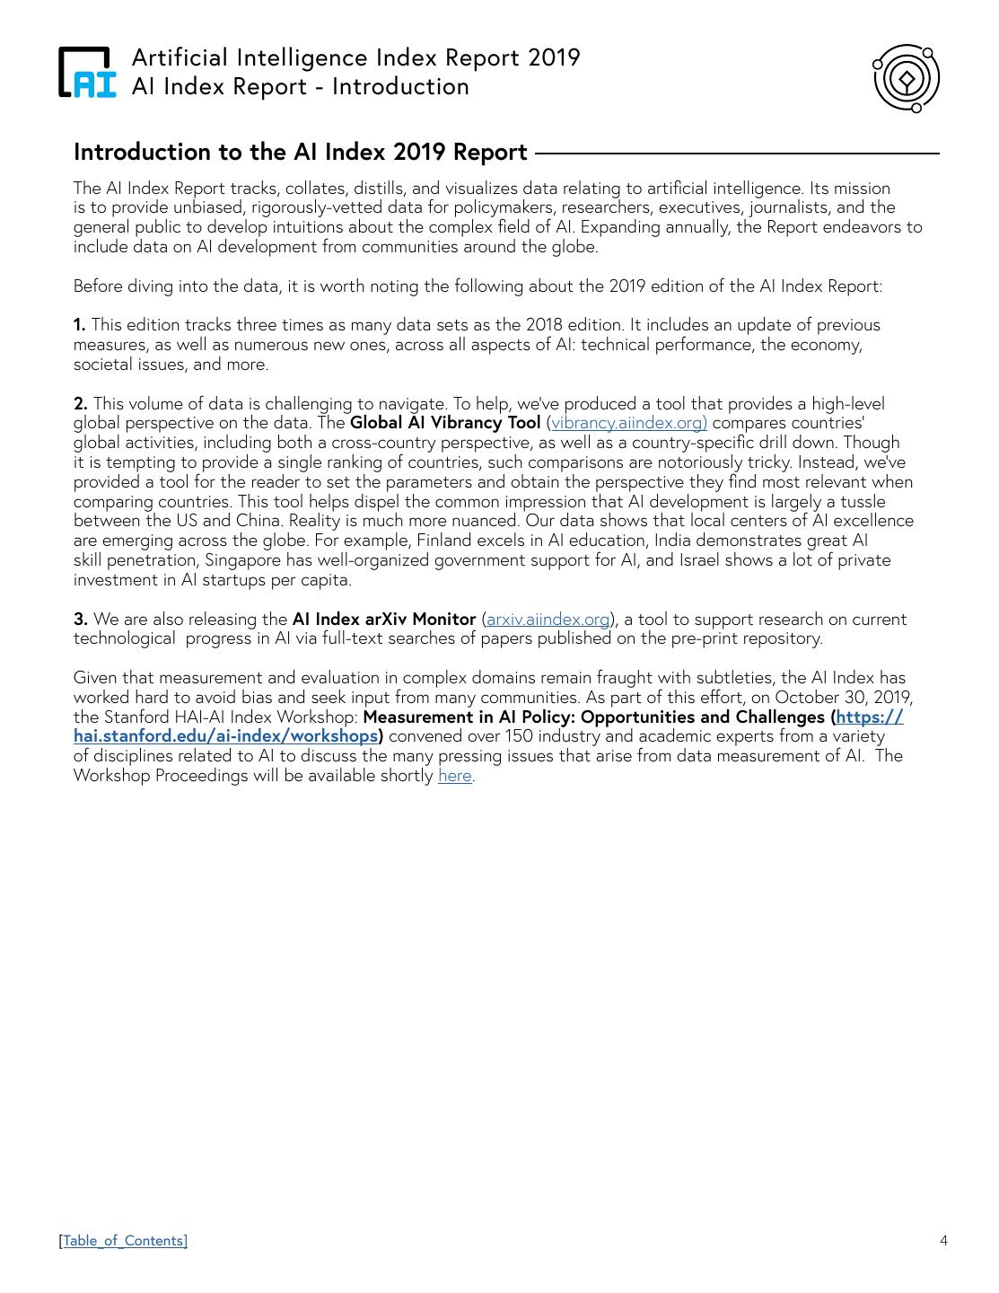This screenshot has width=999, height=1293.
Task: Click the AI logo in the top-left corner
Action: (x=88, y=72)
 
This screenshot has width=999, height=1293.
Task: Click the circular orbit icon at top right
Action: (x=906, y=79)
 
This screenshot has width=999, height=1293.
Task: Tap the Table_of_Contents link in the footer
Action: (x=124, y=1241)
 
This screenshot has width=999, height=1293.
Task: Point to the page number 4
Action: (x=943, y=1241)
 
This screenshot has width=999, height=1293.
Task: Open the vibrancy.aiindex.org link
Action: (x=629, y=423)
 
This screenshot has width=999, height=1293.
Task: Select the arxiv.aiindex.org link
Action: (x=548, y=620)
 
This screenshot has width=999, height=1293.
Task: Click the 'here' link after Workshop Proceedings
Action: (x=454, y=776)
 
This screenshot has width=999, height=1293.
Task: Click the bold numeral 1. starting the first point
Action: (x=80, y=325)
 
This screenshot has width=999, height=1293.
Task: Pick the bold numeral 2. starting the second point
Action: (x=81, y=404)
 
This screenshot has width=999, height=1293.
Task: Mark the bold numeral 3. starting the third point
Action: (x=81, y=620)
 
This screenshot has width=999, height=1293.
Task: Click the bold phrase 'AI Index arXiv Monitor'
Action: (x=384, y=620)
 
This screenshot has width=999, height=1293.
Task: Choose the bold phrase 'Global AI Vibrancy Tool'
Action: (x=445, y=423)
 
